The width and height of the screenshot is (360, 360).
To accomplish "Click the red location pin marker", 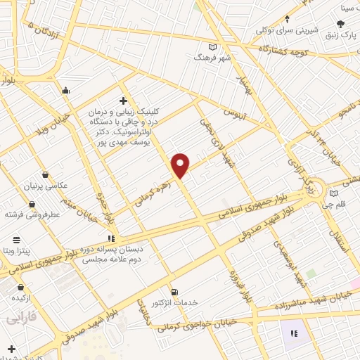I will pos(181,165).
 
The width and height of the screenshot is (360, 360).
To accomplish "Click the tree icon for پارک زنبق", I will pos(340,24).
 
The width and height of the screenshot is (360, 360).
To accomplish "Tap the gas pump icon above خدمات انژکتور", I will pos(174,292).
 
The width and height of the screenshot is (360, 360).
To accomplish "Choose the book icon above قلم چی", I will pos(333,193).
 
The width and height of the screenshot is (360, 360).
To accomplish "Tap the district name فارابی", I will pos(22,319).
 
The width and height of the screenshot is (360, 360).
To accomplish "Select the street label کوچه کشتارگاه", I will pos(284,49).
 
